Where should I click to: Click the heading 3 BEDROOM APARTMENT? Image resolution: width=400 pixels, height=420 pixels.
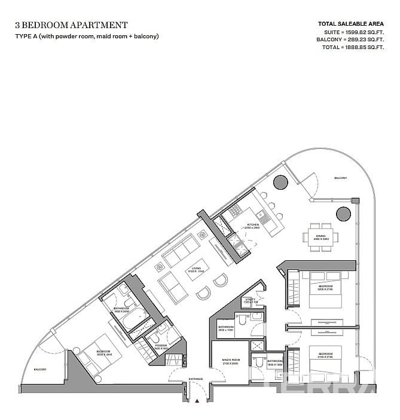(x=71, y=25)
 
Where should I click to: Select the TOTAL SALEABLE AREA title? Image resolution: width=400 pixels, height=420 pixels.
(x=350, y=24)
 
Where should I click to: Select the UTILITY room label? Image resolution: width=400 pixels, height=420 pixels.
(x=251, y=300)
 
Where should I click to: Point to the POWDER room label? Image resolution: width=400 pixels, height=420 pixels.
(x=161, y=345)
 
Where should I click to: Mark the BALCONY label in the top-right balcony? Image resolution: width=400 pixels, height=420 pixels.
(x=340, y=178)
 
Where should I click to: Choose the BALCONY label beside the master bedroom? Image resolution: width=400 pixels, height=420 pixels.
(x=41, y=369)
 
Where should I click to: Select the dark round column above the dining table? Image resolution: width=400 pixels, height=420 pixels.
(x=343, y=213)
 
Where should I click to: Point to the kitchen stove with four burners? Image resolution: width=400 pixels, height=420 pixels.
(x=234, y=210)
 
